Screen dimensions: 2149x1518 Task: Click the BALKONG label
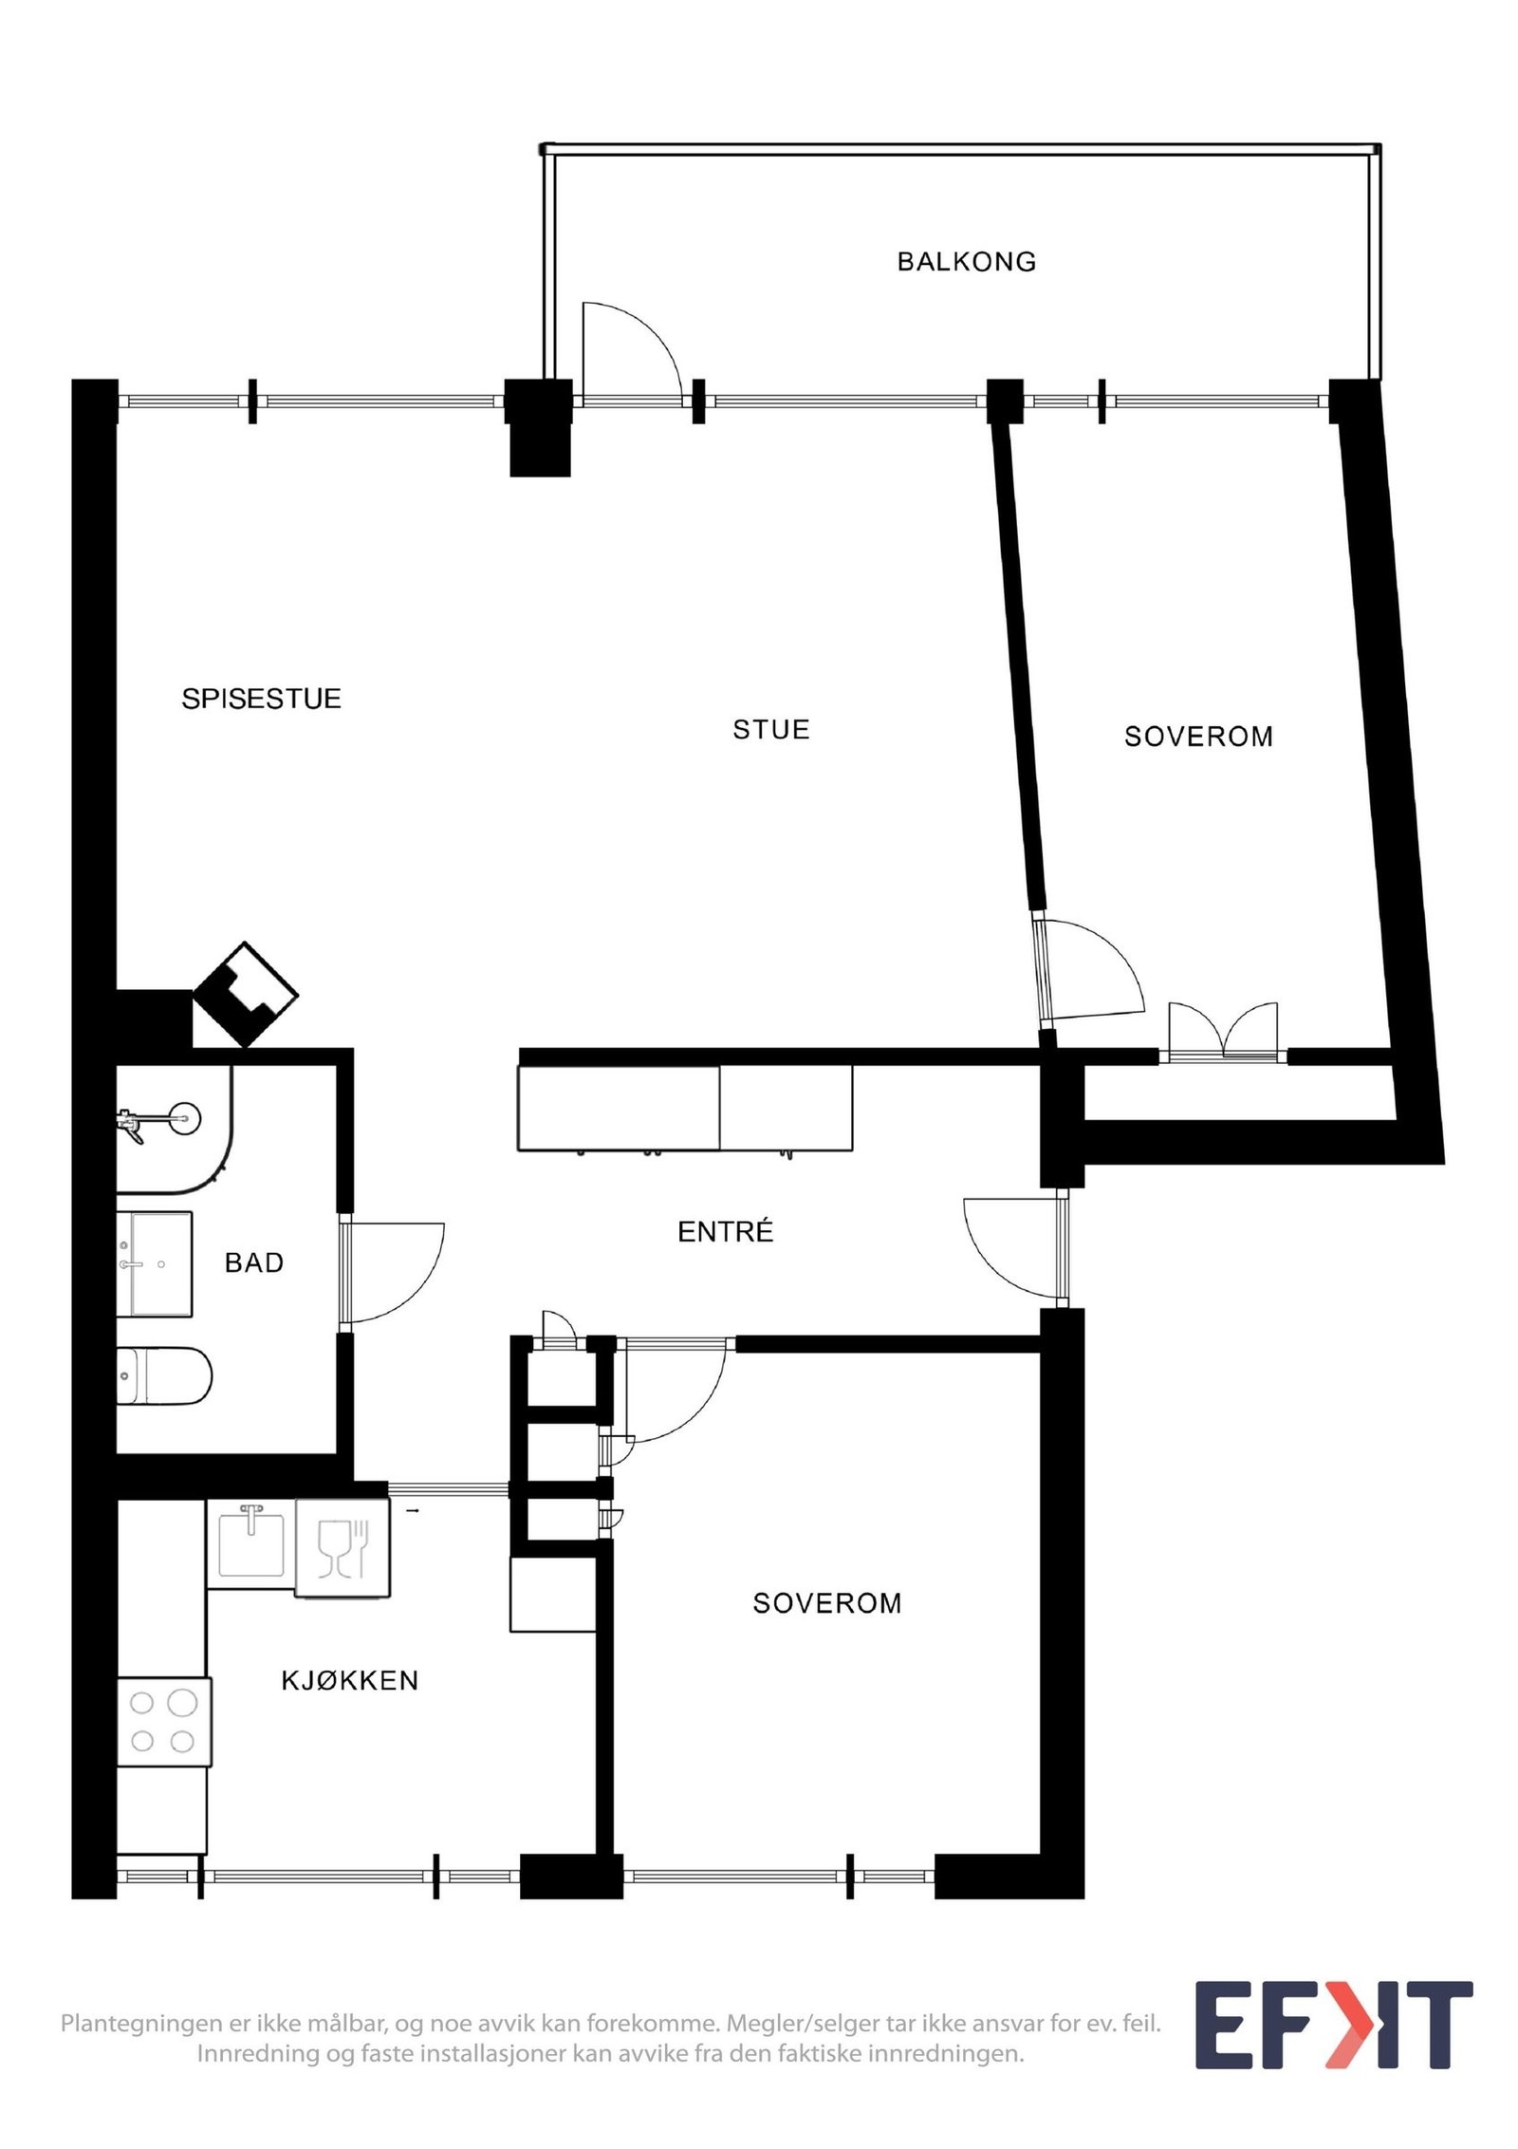point(966,262)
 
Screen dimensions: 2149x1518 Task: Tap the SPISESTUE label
point(261,700)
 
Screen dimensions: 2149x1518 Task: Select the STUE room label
point(770,730)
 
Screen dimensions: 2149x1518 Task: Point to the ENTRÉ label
point(725,1232)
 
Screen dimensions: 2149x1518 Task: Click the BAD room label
point(253,1262)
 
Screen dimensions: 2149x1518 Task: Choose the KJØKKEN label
point(349,1681)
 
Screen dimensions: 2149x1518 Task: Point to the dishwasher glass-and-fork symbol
point(342,1548)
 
